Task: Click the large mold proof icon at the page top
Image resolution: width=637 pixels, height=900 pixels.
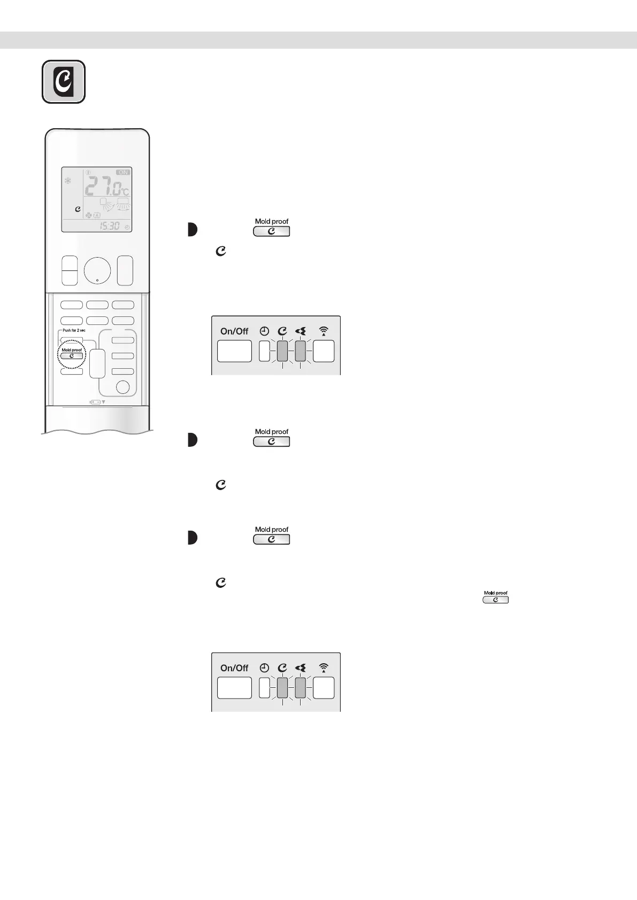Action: click(64, 82)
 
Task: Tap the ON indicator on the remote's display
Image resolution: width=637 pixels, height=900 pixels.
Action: click(123, 173)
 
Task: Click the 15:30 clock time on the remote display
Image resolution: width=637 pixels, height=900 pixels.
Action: click(110, 226)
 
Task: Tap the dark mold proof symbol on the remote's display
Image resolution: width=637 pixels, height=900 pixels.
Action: click(78, 210)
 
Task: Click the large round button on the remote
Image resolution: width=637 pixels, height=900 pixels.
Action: click(97, 271)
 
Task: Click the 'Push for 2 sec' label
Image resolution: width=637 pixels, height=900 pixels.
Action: click(74, 330)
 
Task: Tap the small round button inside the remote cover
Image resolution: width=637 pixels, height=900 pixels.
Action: click(123, 387)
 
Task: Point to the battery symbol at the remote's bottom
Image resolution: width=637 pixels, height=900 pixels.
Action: click(95, 402)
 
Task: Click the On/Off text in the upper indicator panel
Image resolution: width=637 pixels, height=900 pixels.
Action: click(234, 331)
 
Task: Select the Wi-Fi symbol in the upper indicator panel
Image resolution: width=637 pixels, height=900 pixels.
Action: click(324, 331)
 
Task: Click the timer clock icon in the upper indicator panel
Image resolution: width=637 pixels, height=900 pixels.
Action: click(264, 331)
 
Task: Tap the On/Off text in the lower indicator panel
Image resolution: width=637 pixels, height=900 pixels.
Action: click(234, 668)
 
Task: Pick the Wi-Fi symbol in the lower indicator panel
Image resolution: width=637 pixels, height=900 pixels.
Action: click(324, 668)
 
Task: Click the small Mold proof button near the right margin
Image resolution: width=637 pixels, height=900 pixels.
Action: click(496, 600)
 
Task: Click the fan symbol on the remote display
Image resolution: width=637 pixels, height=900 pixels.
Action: click(88, 215)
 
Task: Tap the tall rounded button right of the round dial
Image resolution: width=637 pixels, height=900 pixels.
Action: click(125, 270)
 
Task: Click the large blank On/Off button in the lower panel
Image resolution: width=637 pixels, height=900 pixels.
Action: click(234, 688)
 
